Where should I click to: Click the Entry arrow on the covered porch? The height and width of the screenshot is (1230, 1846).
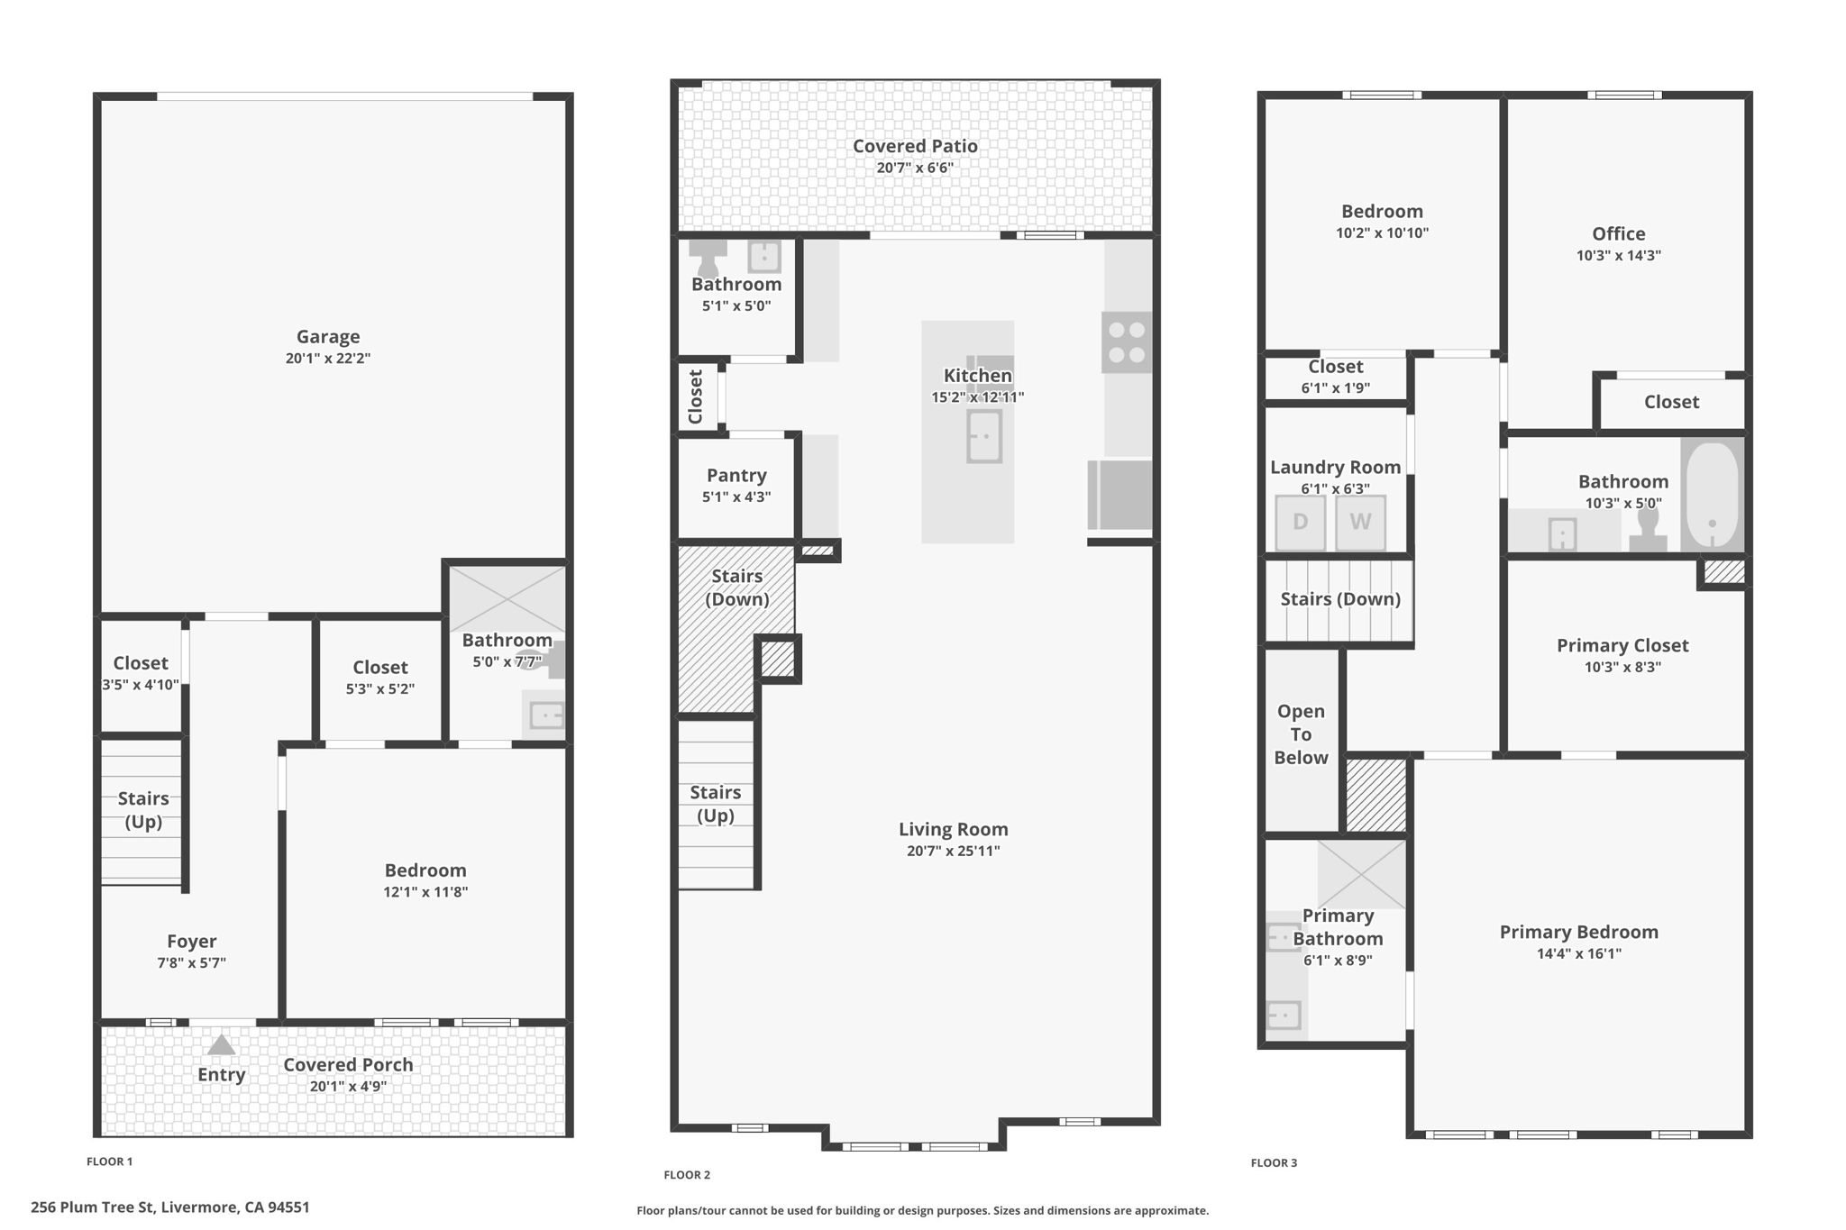tap(221, 1045)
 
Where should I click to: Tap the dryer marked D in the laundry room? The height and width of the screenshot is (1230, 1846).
tap(1300, 522)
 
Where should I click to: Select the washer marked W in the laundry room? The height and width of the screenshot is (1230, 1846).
tap(1360, 522)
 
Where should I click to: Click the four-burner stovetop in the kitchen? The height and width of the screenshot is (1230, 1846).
tap(1127, 342)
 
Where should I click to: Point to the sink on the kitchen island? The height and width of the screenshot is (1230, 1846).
tap(984, 436)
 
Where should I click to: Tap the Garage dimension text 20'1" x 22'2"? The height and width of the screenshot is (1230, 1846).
tap(328, 358)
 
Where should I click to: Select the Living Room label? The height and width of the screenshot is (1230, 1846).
tap(953, 829)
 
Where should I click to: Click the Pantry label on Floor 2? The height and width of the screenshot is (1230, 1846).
tap(736, 475)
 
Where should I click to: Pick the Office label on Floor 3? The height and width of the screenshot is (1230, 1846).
tap(1618, 233)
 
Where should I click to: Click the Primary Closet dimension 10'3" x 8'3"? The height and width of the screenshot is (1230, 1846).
tap(1622, 667)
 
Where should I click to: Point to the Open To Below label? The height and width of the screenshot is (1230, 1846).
tap(1301, 734)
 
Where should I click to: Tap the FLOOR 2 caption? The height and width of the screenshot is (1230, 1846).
tap(687, 1174)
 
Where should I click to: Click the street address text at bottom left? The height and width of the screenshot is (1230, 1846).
tap(170, 1207)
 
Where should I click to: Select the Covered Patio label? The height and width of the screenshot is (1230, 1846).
tap(915, 146)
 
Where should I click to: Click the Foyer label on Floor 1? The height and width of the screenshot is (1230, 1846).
tap(191, 941)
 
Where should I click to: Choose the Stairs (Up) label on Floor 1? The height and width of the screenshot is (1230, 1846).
tap(143, 809)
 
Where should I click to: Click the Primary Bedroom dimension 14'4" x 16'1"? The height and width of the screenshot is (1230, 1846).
tap(1578, 953)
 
